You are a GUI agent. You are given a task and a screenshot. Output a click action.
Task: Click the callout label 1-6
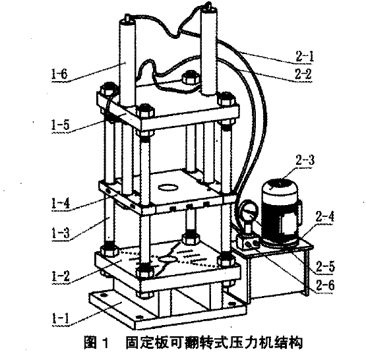tap(59, 75)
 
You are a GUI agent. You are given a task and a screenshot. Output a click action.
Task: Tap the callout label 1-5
tap(61, 125)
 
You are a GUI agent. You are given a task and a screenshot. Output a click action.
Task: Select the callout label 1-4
tap(61, 204)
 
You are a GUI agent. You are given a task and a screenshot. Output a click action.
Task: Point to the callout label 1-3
tap(61, 233)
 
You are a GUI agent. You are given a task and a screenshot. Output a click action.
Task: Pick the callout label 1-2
tap(61, 276)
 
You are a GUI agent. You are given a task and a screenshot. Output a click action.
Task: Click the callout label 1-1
tap(61, 318)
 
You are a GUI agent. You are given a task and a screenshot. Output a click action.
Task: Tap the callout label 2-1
tap(304, 57)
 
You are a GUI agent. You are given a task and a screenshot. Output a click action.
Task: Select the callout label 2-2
tap(303, 75)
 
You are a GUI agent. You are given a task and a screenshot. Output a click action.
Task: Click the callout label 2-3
tap(305, 160)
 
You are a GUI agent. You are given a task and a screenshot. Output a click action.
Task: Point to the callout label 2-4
tap(324, 216)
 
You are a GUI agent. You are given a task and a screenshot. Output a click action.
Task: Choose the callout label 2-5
tap(326, 266)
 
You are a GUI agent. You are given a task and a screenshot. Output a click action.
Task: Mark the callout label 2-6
tap(326, 285)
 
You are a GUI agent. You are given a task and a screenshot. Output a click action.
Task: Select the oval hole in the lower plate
tap(168, 259)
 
